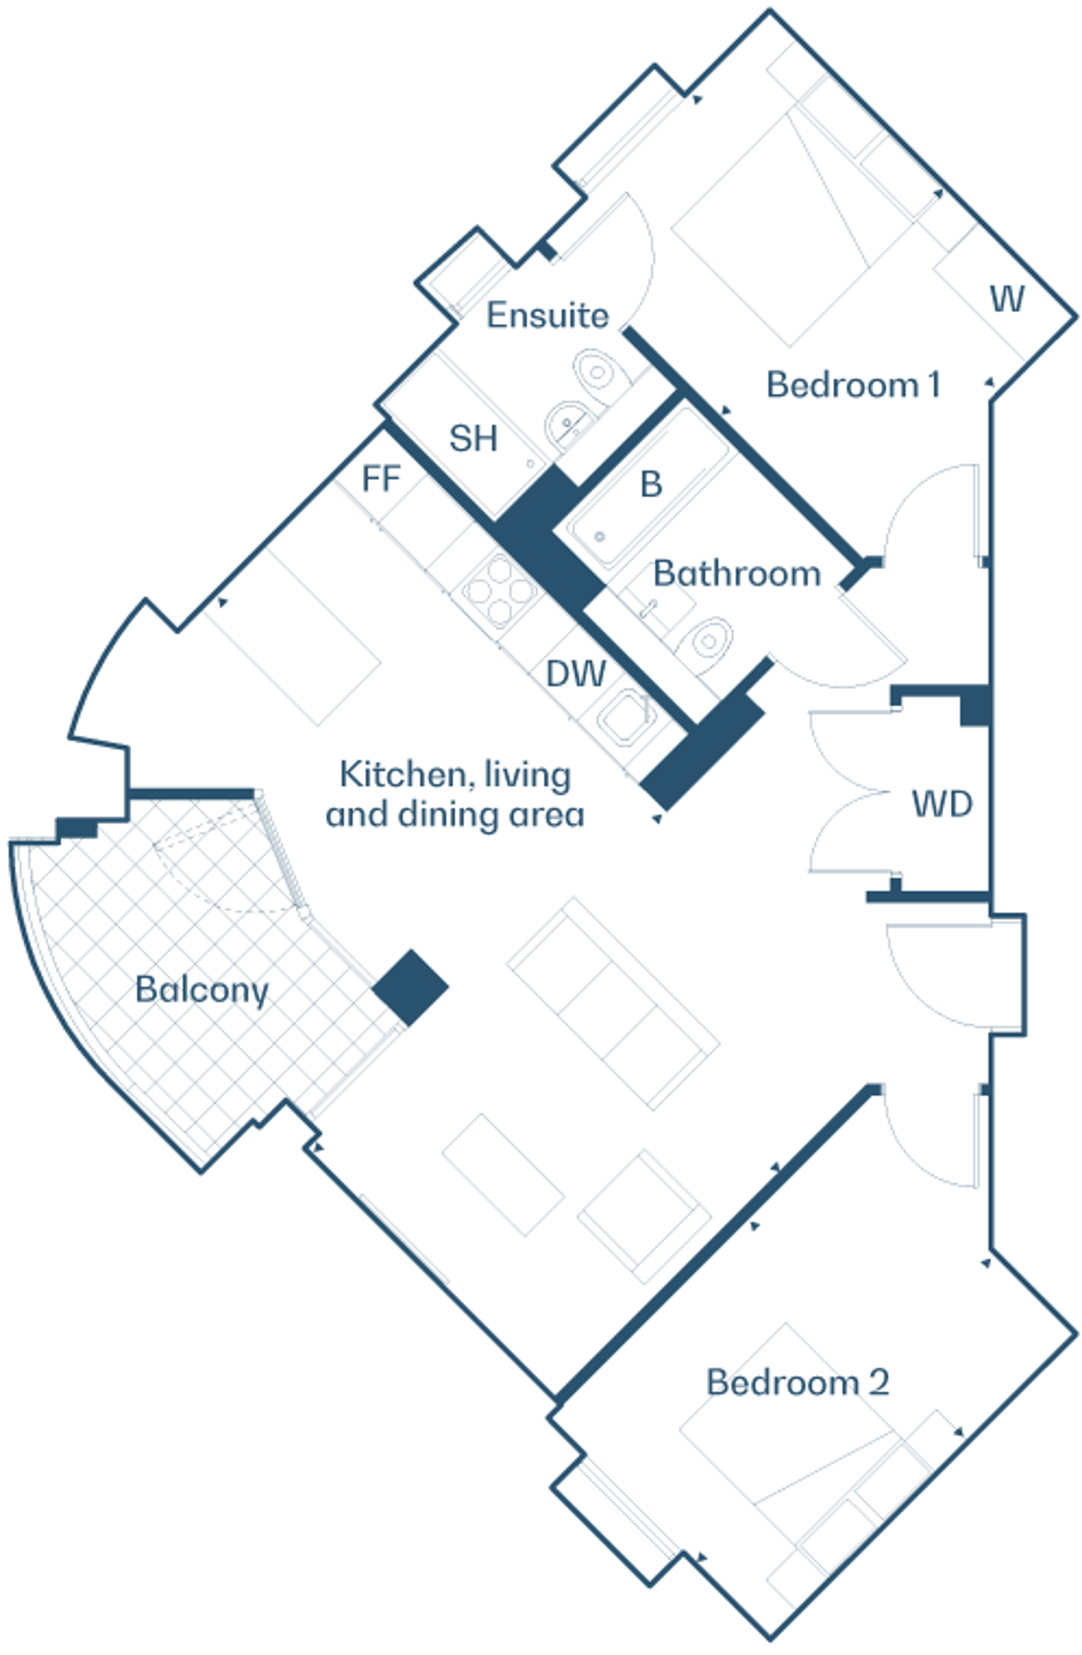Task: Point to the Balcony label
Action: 202,990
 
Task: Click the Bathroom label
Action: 737,574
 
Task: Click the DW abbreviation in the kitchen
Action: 576,673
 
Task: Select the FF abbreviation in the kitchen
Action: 381,479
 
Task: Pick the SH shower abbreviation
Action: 473,438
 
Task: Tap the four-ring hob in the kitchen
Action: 499,590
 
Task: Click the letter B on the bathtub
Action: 650,485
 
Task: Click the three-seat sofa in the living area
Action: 613,1003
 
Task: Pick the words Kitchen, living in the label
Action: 455,775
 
